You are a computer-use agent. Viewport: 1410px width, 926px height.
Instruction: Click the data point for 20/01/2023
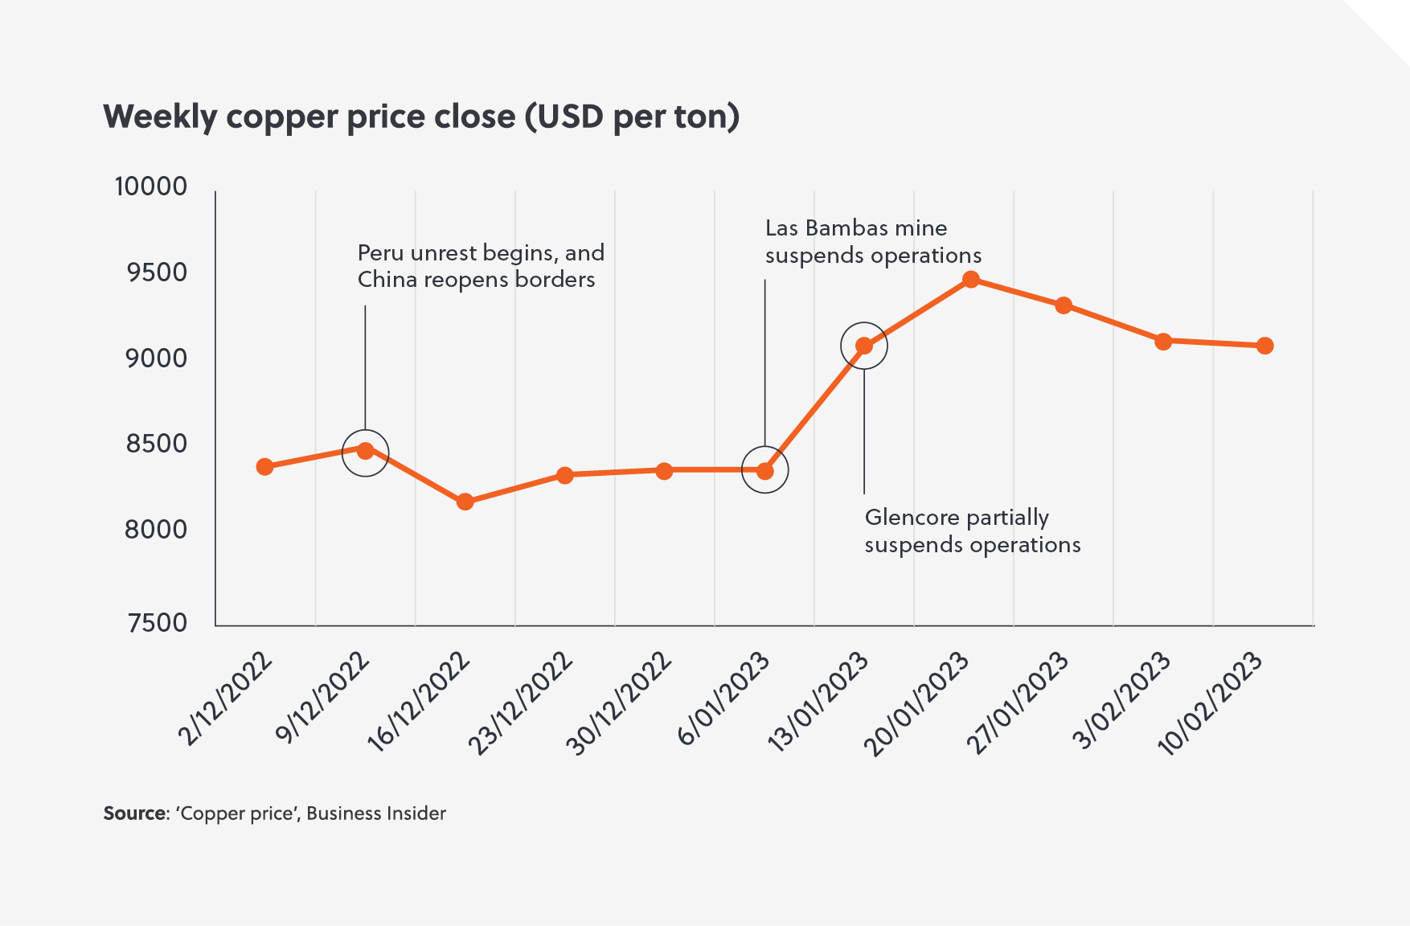(970, 280)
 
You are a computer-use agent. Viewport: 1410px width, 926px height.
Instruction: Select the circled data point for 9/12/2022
(365, 450)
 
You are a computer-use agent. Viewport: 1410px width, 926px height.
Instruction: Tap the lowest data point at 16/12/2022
(465, 502)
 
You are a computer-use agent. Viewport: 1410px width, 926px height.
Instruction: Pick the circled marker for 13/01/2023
(864, 346)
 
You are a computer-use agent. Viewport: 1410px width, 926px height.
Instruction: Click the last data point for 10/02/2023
(1264, 346)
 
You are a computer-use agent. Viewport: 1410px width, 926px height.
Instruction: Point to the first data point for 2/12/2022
(264, 466)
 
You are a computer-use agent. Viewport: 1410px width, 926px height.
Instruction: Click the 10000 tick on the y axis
(151, 186)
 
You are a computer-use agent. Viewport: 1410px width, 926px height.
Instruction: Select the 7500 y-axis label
(158, 623)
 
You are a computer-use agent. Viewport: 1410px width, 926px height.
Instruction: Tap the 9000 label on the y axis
(157, 359)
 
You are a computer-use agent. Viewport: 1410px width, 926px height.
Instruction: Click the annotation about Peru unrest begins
(480, 266)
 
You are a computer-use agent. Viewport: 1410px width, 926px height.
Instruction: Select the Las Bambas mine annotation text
(872, 241)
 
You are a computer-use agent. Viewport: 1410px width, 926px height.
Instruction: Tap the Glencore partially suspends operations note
(972, 531)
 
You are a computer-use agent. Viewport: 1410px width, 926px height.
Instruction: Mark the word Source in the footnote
(134, 813)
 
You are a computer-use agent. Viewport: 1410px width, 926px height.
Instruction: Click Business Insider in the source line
(375, 813)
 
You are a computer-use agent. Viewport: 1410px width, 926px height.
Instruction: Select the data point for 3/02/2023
(1163, 341)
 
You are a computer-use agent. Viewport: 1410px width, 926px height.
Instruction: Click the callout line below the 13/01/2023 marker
(864, 434)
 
